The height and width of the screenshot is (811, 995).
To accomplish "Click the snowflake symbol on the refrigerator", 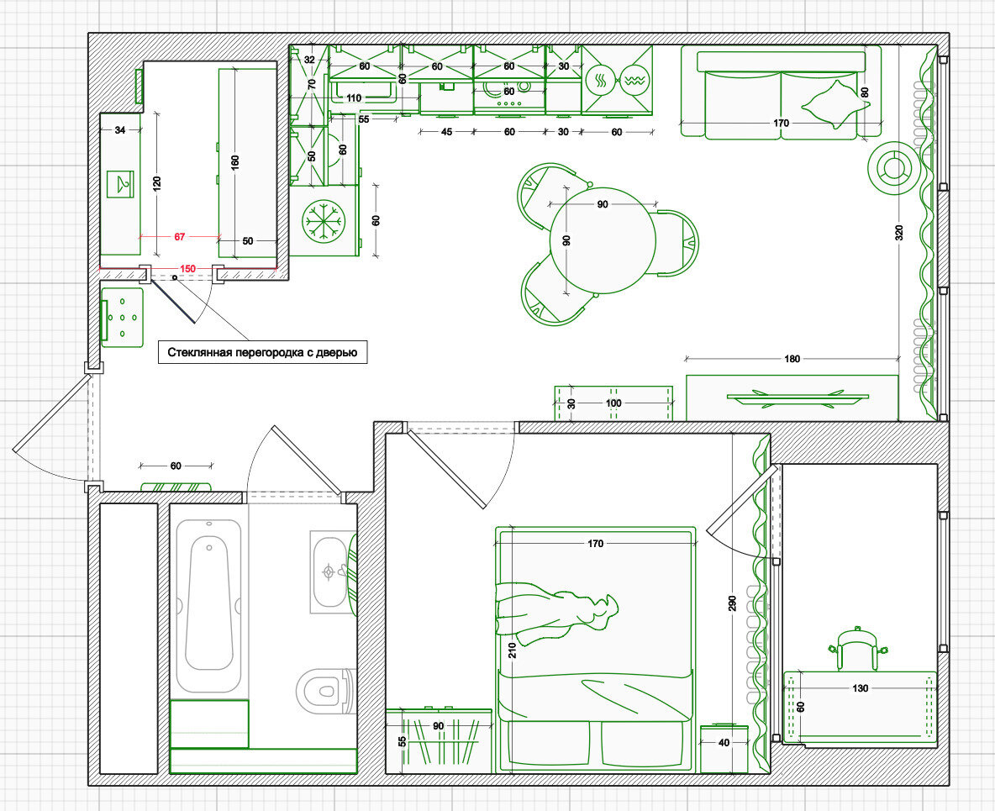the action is [x=324, y=222].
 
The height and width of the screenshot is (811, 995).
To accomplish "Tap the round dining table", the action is [x=603, y=240].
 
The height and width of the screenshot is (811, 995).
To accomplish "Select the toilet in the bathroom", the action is [x=324, y=690].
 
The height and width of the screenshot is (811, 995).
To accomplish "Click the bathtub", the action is [x=208, y=605].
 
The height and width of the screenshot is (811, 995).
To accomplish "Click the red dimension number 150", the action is [x=188, y=268].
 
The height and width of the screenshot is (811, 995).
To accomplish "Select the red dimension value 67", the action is [x=180, y=237].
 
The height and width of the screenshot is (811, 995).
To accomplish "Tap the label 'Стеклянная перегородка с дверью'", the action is [x=263, y=352].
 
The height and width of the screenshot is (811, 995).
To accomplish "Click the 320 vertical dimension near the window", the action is [x=898, y=233].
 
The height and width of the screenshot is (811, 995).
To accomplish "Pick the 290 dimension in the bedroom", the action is [x=732, y=603].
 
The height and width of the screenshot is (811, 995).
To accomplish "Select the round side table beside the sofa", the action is [x=892, y=168].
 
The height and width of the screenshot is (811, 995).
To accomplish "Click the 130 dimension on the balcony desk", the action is [x=861, y=688].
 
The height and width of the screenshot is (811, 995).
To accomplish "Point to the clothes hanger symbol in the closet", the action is [x=120, y=184].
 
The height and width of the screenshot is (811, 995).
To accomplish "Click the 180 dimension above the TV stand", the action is [x=792, y=359].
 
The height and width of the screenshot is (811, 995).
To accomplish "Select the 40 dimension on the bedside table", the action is [x=724, y=742].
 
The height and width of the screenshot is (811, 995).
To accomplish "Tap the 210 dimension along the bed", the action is [x=512, y=650].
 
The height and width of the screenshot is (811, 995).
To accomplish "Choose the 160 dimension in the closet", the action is [x=234, y=163].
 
